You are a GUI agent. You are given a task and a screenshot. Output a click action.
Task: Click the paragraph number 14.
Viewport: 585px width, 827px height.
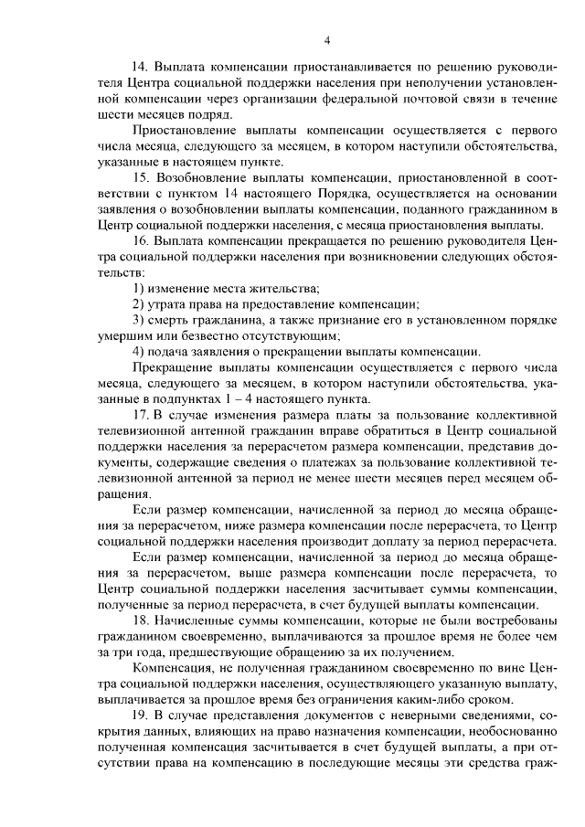(x=141, y=68)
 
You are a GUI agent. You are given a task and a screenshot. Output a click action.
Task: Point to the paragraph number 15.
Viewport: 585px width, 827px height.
(x=141, y=176)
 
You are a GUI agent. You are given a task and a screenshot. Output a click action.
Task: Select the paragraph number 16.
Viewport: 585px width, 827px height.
(x=141, y=239)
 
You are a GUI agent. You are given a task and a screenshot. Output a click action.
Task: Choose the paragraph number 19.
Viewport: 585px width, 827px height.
(x=141, y=715)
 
